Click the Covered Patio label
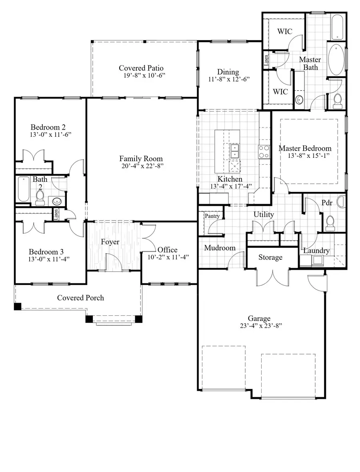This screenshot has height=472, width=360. coord(141,68)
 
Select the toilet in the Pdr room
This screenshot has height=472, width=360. coord(330,223)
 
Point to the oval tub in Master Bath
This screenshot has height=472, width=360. coord(336,60)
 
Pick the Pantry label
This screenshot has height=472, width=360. coord(212,216)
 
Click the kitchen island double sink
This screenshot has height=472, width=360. coord(234,151)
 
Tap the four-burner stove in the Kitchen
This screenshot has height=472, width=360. coord(263,151)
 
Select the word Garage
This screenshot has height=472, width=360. coord(259,319)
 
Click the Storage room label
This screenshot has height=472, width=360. coord(270,257)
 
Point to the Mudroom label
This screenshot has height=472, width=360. coord(220,248)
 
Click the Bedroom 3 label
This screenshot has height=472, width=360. coord(46,252)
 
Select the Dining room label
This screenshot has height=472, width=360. coord(228,72)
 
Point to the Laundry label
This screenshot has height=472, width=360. coord(316,251)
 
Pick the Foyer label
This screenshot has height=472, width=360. coord(110,242)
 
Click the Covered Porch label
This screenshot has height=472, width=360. coord(80,298)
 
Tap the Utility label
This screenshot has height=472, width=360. coord(264,215)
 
